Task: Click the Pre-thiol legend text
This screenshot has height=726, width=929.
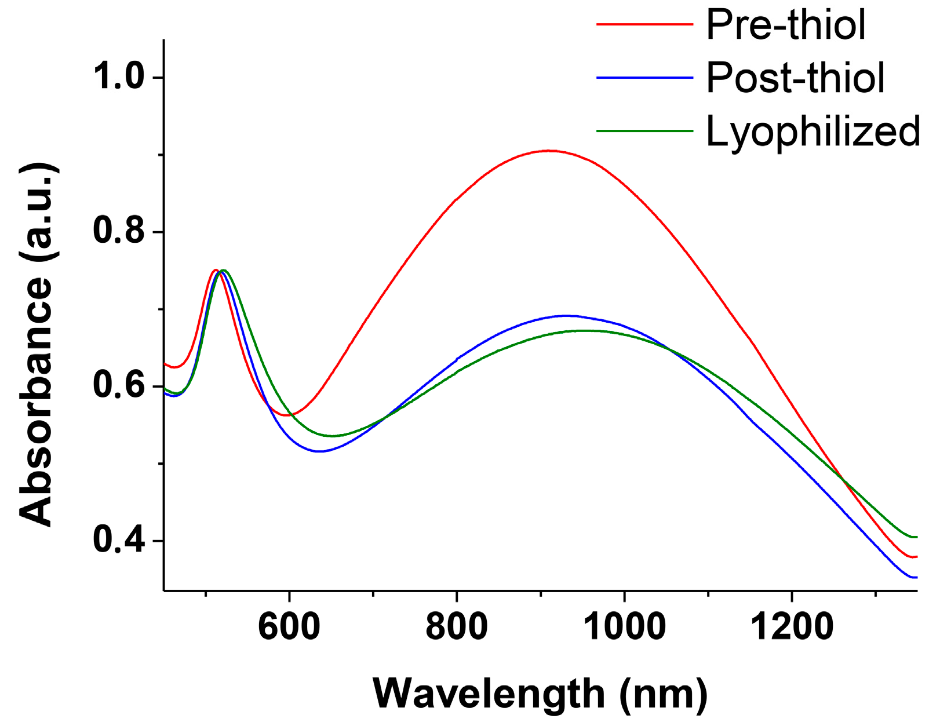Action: [786, 25]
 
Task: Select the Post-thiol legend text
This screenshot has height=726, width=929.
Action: [795, 78]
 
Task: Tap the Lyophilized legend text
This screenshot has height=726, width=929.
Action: [813, 131]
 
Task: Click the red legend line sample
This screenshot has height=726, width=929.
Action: [644, 25]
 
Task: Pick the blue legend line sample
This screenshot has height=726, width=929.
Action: [644, 78]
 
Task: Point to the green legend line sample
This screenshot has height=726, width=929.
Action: [644, 131]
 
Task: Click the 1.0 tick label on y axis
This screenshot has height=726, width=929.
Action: [119, 77]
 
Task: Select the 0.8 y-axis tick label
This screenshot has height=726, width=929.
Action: [119, 232]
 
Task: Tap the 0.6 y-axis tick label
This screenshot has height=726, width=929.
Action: [119, 386]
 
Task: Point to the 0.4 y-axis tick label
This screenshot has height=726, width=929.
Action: [119, 541]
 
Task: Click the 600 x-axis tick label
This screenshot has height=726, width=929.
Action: [289, 627]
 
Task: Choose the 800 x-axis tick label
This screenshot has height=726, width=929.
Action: [456, 627]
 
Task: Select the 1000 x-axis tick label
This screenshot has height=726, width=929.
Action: [624, 627]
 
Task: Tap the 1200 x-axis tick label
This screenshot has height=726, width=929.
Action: [791, 627]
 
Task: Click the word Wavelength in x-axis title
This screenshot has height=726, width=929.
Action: [488, 694]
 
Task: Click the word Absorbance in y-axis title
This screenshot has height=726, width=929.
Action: [36, 400]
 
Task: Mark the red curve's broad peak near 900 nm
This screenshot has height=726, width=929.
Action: [548, 151]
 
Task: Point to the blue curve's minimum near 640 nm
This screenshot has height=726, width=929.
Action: [319, 451]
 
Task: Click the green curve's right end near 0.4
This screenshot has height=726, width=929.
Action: [915, 537]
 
